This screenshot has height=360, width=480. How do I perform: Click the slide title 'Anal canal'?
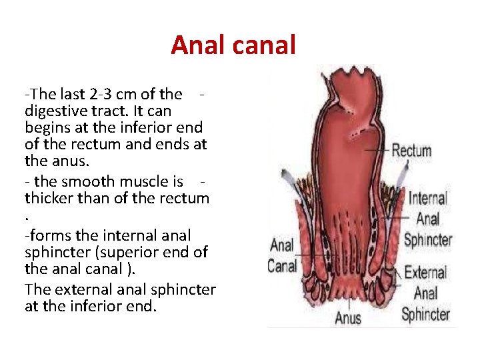(x=233, y=45)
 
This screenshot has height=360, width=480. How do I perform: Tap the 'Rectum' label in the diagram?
(x=411, y=151)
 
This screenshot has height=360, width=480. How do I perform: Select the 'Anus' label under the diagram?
(x=348, y=317)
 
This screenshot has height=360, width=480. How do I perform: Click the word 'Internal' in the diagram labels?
(x=427, y=198)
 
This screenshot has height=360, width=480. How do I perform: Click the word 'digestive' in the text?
(x=54, y=111)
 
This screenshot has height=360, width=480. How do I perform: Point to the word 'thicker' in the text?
(x=50, y=199)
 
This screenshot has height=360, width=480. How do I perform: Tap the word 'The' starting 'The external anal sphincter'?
(x=37, y=290)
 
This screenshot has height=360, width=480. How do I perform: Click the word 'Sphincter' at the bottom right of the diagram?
(x=426, y=314)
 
